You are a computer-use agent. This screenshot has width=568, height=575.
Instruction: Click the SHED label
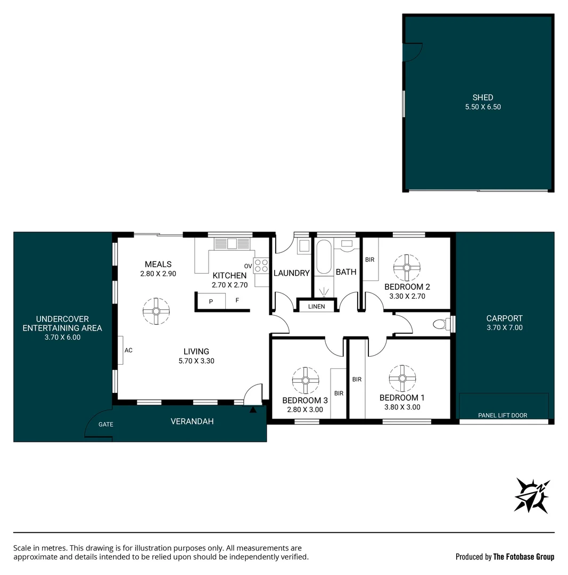(483, 97)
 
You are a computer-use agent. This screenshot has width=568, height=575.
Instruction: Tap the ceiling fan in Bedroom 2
(407, 268)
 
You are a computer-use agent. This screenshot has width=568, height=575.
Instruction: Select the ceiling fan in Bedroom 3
(306, 380)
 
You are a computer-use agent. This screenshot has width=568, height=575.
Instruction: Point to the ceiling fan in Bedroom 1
(402, 379)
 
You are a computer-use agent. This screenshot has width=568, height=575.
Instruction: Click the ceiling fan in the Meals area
(156, 311)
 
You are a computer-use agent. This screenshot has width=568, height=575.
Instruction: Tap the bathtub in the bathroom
(324, 257)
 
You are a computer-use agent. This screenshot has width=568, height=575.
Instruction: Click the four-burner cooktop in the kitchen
(261, 266)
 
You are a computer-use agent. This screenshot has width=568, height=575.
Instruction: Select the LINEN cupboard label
(316, 307)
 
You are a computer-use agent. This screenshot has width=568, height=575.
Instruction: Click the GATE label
(105, 424)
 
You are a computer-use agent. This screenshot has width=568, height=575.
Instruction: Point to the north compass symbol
(532, 496)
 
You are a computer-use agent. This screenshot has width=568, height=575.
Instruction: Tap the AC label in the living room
(128, 350)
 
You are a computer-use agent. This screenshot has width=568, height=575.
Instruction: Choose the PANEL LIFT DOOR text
(503, 415)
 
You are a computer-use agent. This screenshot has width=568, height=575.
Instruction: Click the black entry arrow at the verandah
(253, 409)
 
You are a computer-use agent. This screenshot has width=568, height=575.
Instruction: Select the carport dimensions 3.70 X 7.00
(504, 327)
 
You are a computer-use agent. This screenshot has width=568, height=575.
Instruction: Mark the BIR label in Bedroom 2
(369, 260)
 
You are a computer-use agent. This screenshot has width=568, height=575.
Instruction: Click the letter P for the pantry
(211, 302)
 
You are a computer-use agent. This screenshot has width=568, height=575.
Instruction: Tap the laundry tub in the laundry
(303, 245)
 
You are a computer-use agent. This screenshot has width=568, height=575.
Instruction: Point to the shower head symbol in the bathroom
(324, 292)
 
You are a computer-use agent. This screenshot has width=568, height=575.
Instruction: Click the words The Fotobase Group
(524, 557)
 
